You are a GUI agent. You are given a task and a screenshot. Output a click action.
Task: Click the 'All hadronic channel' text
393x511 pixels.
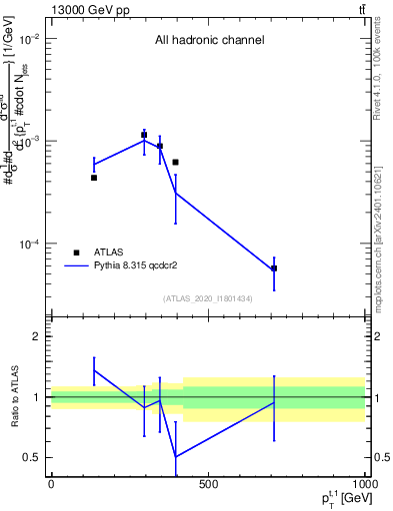(x=209, y=41)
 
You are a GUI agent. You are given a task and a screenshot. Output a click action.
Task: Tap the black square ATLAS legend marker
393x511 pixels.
(x=77, y=254)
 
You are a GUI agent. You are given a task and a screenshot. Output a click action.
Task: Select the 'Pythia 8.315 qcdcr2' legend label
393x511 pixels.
(x=143, y=267)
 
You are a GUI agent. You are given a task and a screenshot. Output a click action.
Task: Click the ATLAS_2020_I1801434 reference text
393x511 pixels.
(x=207, y=299)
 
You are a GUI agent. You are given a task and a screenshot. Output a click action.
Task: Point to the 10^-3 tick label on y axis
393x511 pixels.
(x=27, y=142)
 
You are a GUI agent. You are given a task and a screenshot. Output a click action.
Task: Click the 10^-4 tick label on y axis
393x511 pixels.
(x=27, y=245)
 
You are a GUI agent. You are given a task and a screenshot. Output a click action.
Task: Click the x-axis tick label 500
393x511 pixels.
(x=208, y=485)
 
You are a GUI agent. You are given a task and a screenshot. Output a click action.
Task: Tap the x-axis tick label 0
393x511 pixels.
(x=51, y=485)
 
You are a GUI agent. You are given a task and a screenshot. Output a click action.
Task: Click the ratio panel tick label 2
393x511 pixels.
(x=37, y=337)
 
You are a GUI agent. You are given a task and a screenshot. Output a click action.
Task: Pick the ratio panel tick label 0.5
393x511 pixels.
(x=33, y=458)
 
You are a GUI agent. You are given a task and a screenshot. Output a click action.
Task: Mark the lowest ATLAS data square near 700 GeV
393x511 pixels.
(x=274, y=268)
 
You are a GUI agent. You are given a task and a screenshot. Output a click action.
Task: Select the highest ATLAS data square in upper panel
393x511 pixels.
(x=144, y=135)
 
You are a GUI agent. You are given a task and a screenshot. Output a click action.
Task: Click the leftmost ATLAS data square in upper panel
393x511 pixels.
(x=94, y=178)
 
